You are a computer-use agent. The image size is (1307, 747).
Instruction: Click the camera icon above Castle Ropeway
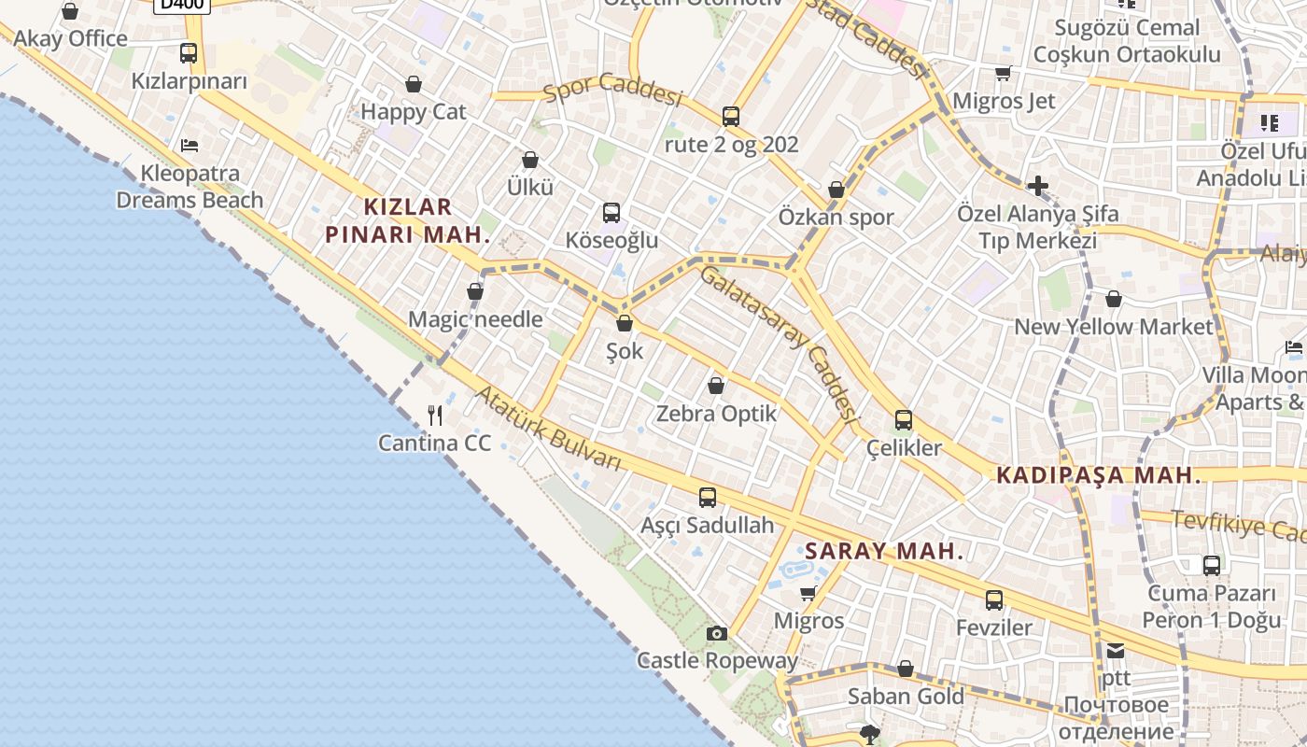point(716,634)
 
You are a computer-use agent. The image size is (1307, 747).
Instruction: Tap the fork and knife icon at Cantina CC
point(435,415)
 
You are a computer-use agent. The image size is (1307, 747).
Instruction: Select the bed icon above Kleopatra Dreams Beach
point(190,146)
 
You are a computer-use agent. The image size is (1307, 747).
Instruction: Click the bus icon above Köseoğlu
point(611,213)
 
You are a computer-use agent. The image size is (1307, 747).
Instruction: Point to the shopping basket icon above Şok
point(625,324)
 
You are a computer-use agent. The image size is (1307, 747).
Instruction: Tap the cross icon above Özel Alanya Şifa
point(1037,186)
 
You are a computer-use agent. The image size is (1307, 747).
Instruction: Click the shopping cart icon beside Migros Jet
point(1004,73)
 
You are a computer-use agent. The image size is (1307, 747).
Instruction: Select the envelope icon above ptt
point(1116,651)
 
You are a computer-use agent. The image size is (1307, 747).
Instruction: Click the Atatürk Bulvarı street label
point(548,429)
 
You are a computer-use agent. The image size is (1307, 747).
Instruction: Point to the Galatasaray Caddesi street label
point(778,343)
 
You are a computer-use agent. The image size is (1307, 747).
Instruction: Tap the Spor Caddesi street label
point(613,89)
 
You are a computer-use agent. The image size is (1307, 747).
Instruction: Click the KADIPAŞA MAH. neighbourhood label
point(1099,475)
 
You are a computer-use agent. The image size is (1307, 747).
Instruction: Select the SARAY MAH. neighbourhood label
point(883,551)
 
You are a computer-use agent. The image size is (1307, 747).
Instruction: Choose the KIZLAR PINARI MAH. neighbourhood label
point(408,220)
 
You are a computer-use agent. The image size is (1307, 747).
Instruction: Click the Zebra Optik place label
point(717,414)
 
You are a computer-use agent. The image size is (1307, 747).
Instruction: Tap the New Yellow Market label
point(1113,327)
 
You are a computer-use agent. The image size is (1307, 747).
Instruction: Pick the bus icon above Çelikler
point(903,420)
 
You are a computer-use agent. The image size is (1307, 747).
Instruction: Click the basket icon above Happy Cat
point(414,85)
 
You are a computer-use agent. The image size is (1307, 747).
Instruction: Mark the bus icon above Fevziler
point(994,600)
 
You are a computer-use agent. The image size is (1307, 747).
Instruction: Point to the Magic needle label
point(475,319)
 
